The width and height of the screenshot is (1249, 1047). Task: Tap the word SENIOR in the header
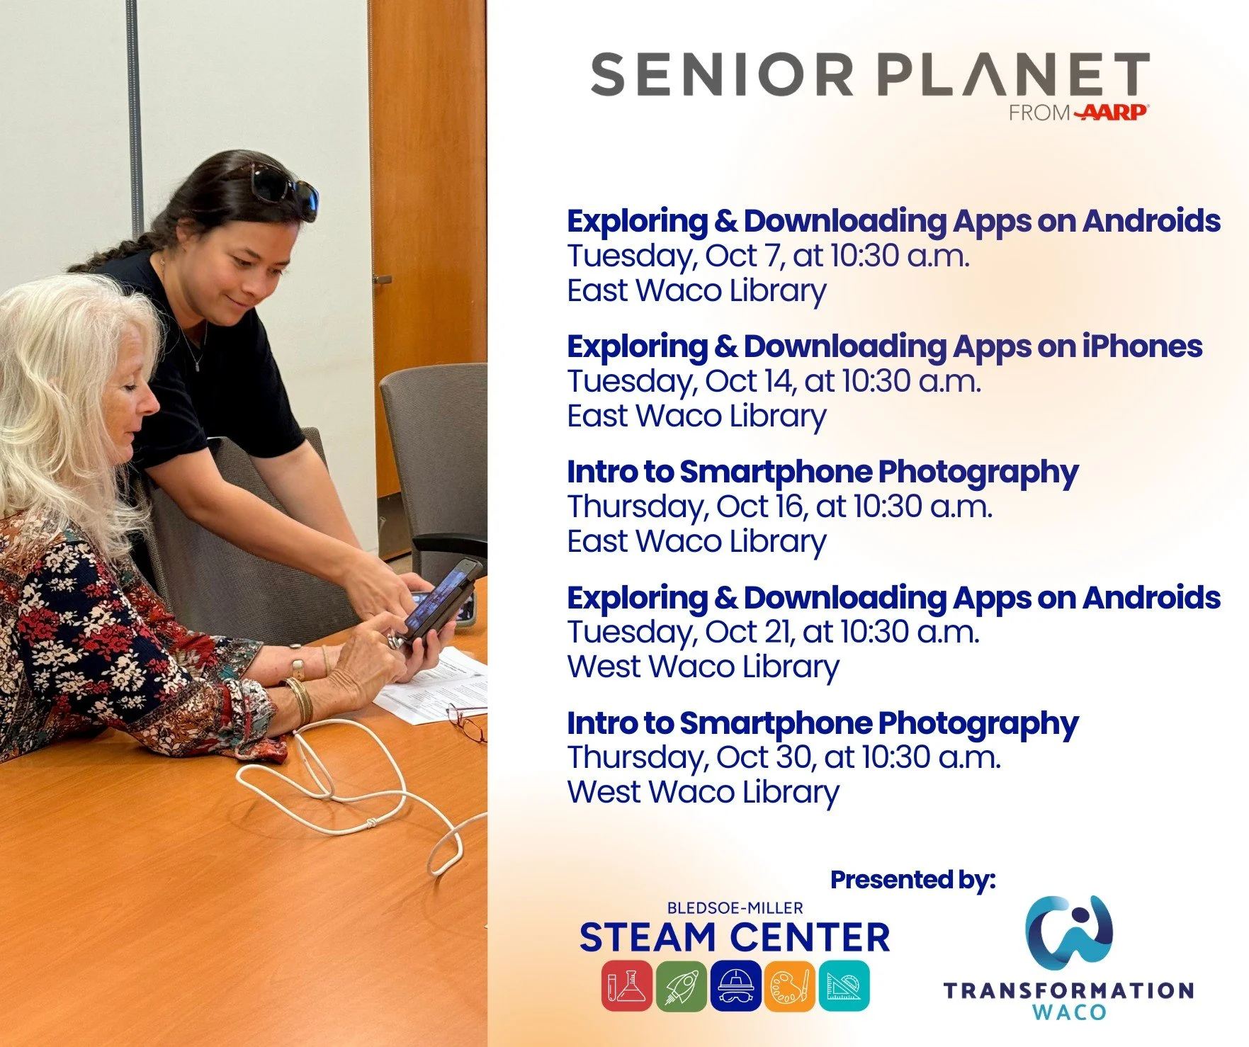tap(722, 74)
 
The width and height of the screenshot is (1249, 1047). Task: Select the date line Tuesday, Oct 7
tap(768, 256)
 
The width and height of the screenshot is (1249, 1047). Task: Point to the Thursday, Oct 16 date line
tap(779, 506)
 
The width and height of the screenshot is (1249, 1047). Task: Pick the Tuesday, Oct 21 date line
tap(773, 632)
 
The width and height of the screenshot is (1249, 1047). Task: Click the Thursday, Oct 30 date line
tap(784, 757)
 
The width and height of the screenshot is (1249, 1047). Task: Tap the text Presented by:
tap(912, 880)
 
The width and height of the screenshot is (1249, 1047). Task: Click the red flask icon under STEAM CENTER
tap(626, 985)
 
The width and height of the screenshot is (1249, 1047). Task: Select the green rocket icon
tap(681, 985)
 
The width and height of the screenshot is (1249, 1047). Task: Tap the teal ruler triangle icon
tap(844, 985)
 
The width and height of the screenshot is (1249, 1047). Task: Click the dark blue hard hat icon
tap(735, 985)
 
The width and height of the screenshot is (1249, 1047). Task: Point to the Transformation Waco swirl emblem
tap(1069, 932)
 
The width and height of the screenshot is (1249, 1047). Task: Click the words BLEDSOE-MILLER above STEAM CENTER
tap(735, 907)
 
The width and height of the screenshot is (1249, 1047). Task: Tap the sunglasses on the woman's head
tap(282, 186)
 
